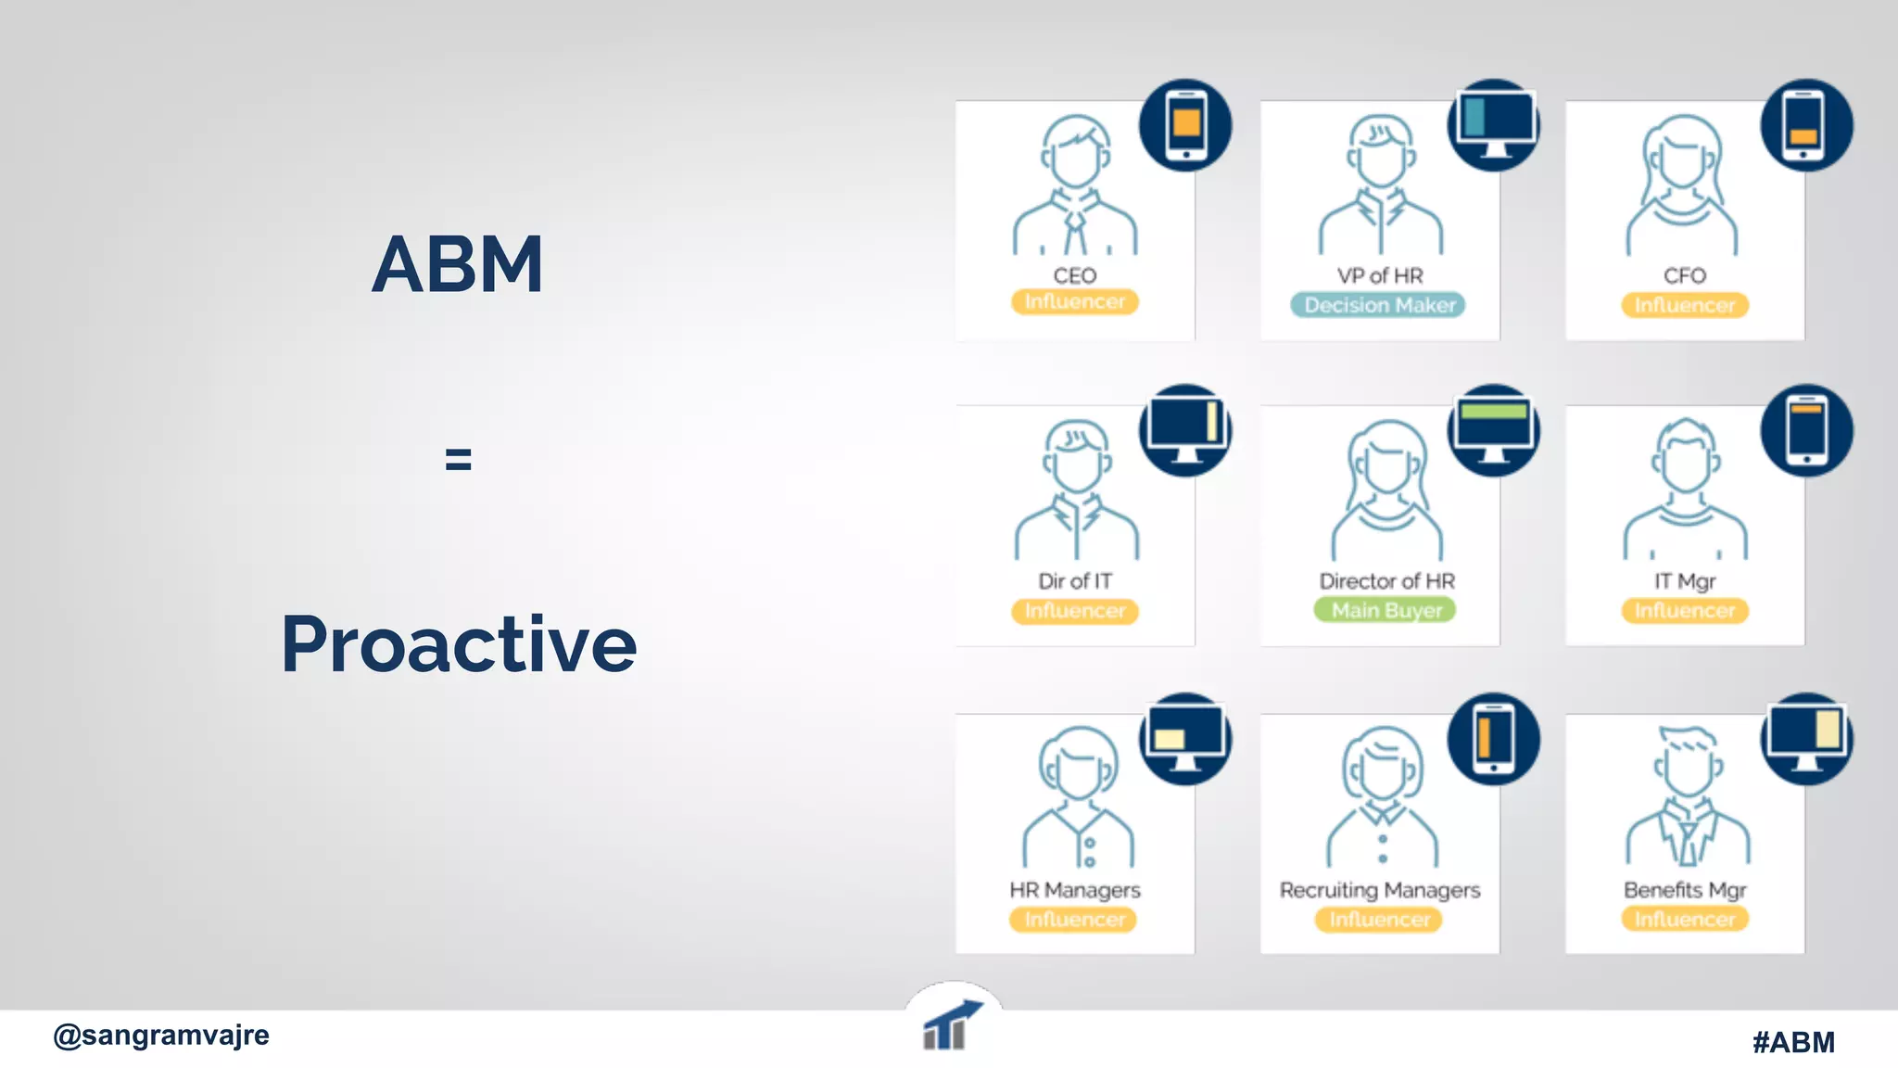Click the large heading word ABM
coord(457,265)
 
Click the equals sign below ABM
coord(458,459)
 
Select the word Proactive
coord(459,643)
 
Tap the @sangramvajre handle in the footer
coord(161,1035)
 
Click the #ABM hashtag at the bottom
coord(1792,1042)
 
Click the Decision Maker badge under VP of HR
coord(1378,305)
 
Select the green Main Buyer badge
coord(1385,610)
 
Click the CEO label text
coord(1074,275)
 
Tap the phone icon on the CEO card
coord(1185,125)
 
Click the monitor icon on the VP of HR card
coord(1493,125)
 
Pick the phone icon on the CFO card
coord(1805,125)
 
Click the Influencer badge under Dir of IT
coord(1074,611)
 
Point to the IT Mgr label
coord(1684,581)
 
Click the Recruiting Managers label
coord(1379,890)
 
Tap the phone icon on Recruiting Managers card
coord(1493,739)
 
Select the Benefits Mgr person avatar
coord(1687,797)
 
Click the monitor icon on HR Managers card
coord(1185,739)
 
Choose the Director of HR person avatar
coord(1386,489)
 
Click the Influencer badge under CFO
coord(1684,305)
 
